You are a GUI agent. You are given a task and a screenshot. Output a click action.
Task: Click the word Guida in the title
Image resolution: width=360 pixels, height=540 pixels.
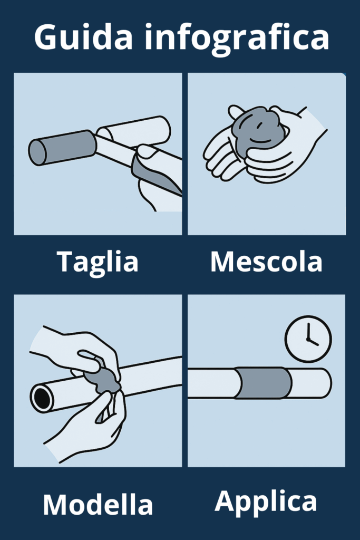(x=83, y=37)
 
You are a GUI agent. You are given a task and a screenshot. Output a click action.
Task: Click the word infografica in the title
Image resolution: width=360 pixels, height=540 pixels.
(x=237, y=37)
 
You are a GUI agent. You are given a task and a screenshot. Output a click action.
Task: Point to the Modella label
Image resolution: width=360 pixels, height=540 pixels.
(x=98, y=505)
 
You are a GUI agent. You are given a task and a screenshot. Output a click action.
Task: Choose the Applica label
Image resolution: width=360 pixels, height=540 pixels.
(x=266, y=502)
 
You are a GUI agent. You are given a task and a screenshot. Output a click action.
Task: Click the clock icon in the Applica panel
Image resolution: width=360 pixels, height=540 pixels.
(x=308, y=339)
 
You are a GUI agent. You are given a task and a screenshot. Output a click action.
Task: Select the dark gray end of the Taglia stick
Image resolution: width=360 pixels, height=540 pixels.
(x=63, y=148)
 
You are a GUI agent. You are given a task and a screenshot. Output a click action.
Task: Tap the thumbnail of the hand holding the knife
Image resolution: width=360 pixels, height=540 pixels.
(x=147, y=151)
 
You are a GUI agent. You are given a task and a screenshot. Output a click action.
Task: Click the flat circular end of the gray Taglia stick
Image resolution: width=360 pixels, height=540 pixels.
(x=37, y=152)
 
